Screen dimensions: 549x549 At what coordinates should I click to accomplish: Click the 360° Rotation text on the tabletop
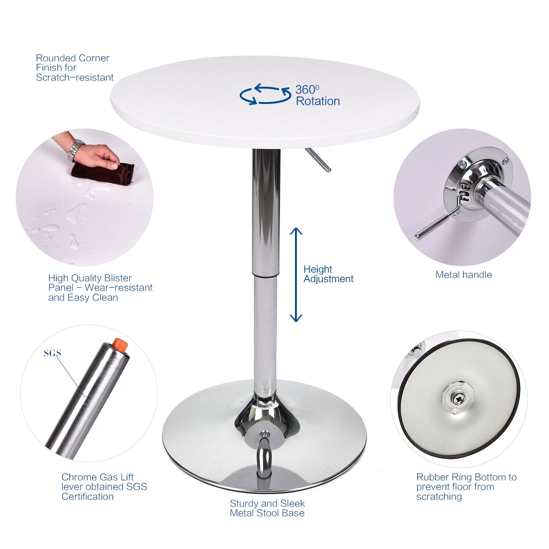pyautogui.click(x=317, y=96)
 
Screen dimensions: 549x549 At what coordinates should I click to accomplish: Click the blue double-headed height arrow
pyautogui.click(x=296, y=274)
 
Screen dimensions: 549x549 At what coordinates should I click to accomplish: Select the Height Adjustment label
pyautogui.click(x=328, y=274)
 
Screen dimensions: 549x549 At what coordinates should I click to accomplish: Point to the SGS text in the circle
pyautogui.click(x=52, y=353)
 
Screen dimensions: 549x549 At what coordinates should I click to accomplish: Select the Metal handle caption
pyautogui.click(x=463, y=275)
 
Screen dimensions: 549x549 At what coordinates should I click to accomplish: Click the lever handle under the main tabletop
pyautogui.click(x=318, y=160)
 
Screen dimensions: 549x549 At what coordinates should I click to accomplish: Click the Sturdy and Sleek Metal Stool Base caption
pyautogui.click(x=267, y=508)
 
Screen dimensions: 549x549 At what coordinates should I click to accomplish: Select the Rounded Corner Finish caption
pyautogui.click(x=75, y=68)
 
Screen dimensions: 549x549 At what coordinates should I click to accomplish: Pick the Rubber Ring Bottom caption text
pyautogui.click(x=466, y=487)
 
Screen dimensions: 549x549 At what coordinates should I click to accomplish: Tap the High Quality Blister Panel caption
pyautogui.click(x=100, y=288)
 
